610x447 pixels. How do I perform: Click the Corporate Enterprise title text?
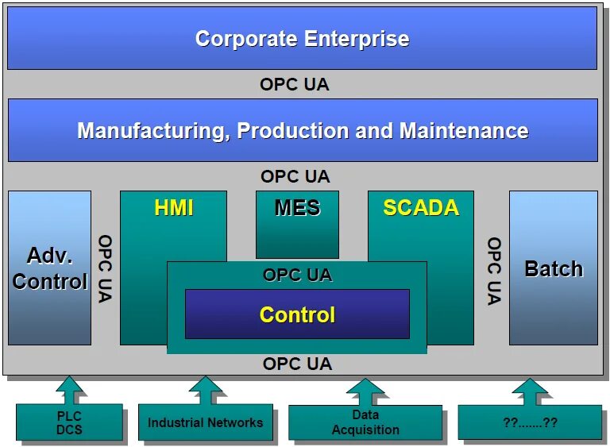(302, 38)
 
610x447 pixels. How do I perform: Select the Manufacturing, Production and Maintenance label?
(303, 130)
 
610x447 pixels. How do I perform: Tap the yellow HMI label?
(174, 208)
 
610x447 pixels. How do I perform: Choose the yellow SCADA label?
(421, 208)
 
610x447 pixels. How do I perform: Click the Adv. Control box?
(49, 268)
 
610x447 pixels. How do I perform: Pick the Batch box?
(553, 268)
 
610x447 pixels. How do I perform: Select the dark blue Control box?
(297, 314)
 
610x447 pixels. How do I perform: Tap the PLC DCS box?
(69, 422)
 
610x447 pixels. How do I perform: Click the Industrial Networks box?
(205, 422)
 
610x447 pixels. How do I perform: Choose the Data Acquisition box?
(365, 422)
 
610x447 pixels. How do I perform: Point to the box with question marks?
(530, 422)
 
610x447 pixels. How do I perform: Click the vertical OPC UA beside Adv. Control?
(105, 268)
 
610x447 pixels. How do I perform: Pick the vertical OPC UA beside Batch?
(494, 271)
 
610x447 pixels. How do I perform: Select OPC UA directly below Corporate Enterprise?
(294, 84)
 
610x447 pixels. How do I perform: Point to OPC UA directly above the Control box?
(297, 275)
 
